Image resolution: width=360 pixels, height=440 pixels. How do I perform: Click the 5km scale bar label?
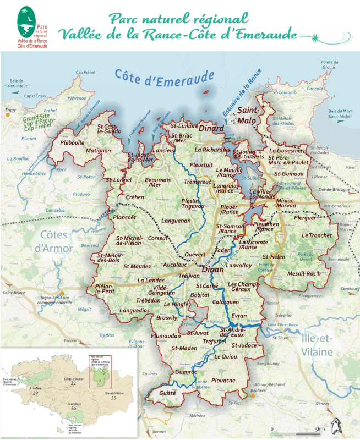click(x=320, y=428)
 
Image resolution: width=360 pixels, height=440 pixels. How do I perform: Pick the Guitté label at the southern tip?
click(x=167, y=393)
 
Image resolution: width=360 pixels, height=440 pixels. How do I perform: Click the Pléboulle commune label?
click(x=72, y=142)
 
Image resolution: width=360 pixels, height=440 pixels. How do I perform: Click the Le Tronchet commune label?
click(x=317, y=235)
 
